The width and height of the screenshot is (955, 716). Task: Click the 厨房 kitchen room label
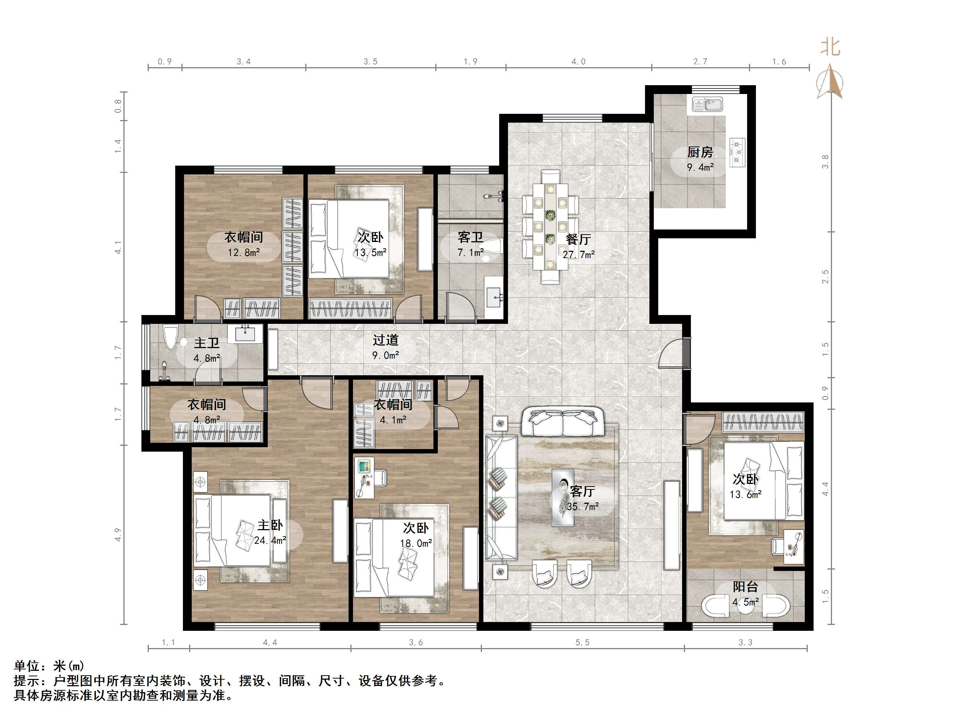[700, 152]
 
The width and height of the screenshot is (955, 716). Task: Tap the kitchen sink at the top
[707, 104]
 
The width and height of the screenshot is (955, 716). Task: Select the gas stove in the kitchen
[737, 152]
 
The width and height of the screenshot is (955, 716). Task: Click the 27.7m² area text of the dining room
[579, 254]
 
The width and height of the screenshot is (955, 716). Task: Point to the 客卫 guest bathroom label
[470, 237]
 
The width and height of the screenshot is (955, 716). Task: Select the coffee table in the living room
[563, 498]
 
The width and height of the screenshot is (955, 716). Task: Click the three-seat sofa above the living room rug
[563, 421]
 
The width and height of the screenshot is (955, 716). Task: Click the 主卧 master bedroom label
[270, 525]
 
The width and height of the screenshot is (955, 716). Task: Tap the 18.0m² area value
[415, 543]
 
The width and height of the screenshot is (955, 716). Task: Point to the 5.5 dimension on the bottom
[582, 642]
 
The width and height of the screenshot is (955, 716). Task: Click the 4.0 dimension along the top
[578, 62]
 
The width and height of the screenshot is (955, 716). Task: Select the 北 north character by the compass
[830, 47]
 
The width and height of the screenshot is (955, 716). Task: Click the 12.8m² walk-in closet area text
[244, 253]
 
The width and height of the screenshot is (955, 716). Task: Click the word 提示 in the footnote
[27, 681]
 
